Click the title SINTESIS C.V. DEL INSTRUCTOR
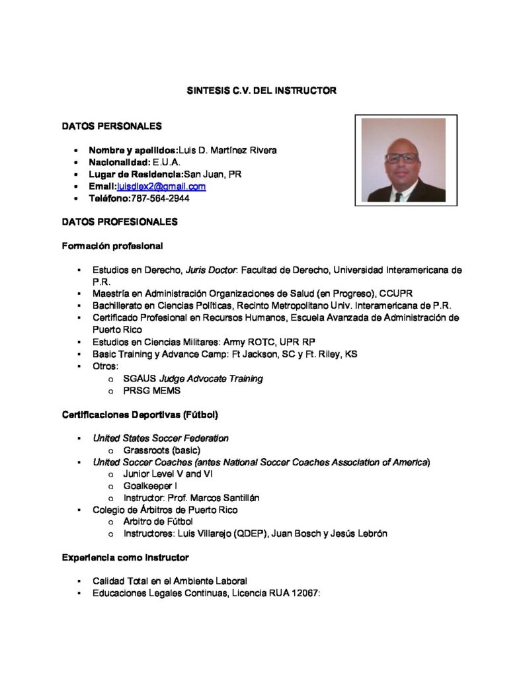tap(261, 90)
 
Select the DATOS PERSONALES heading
tap(111, 126)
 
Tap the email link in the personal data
tap(161, 186)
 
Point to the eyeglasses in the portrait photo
tap(401, 158)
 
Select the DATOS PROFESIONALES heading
tap(120, 222)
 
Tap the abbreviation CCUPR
tap(397, 294)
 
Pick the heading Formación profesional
tap(112, 246)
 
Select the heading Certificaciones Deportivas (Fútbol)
tap(140, 415)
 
